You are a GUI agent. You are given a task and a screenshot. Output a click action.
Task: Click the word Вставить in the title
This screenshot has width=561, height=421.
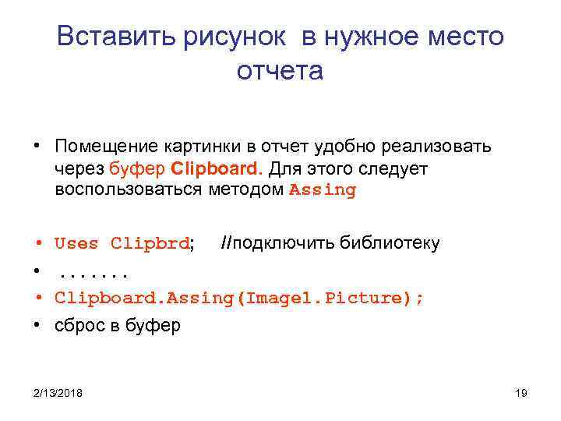click(x=117, y=37)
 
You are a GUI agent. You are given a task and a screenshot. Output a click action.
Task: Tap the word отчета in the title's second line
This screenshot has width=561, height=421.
click(x=280, y=71)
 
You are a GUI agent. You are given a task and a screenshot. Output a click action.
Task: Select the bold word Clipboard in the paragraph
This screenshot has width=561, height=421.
click(x=217, y=168)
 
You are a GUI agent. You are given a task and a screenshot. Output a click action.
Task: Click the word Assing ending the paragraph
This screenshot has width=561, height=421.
click(x=323, y=190)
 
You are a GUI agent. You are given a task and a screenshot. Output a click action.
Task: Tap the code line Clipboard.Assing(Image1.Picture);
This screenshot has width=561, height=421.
click(x=240, y=299)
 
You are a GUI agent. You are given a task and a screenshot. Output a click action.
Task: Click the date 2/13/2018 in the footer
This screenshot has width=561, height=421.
click(x=58, y=392)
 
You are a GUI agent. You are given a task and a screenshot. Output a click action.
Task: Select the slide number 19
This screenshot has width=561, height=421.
click(x=521, y=392)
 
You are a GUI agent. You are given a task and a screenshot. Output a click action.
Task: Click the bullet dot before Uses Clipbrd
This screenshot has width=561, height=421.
click(x=37, y=243)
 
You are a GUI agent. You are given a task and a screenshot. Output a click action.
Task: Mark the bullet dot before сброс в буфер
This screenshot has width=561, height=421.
click(x=37, y=325)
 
